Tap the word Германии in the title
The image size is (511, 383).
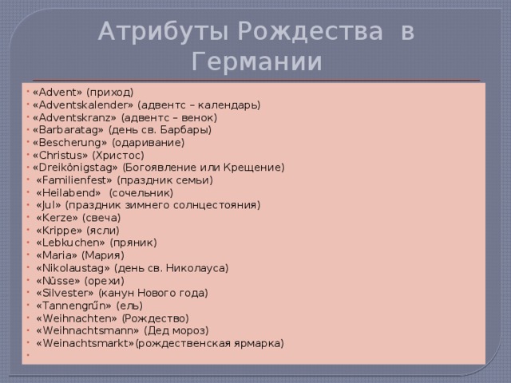point(257,61)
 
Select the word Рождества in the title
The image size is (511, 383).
point(311,31)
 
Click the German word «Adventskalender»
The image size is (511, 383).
point(83,105)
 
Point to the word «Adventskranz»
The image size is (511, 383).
point(74,117)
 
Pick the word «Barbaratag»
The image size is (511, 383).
point(68,130)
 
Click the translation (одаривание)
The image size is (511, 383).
point(149,143)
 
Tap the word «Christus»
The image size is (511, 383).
point(61,155)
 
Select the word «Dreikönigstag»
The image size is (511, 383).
point(75,168)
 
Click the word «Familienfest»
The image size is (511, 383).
point(74,180)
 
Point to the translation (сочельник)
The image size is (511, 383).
point(141,193)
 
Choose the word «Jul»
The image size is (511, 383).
point(49,205)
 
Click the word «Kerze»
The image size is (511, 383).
point(57,218)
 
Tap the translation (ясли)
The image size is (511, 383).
point(103,231)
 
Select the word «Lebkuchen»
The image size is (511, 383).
point(70,243)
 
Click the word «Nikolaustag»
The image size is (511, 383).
point(73,268)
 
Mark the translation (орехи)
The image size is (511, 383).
point(105,281)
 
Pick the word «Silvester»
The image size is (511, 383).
point(65,293)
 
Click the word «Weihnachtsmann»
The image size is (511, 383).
point(87,330)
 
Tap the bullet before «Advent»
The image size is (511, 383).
point(29,92)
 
